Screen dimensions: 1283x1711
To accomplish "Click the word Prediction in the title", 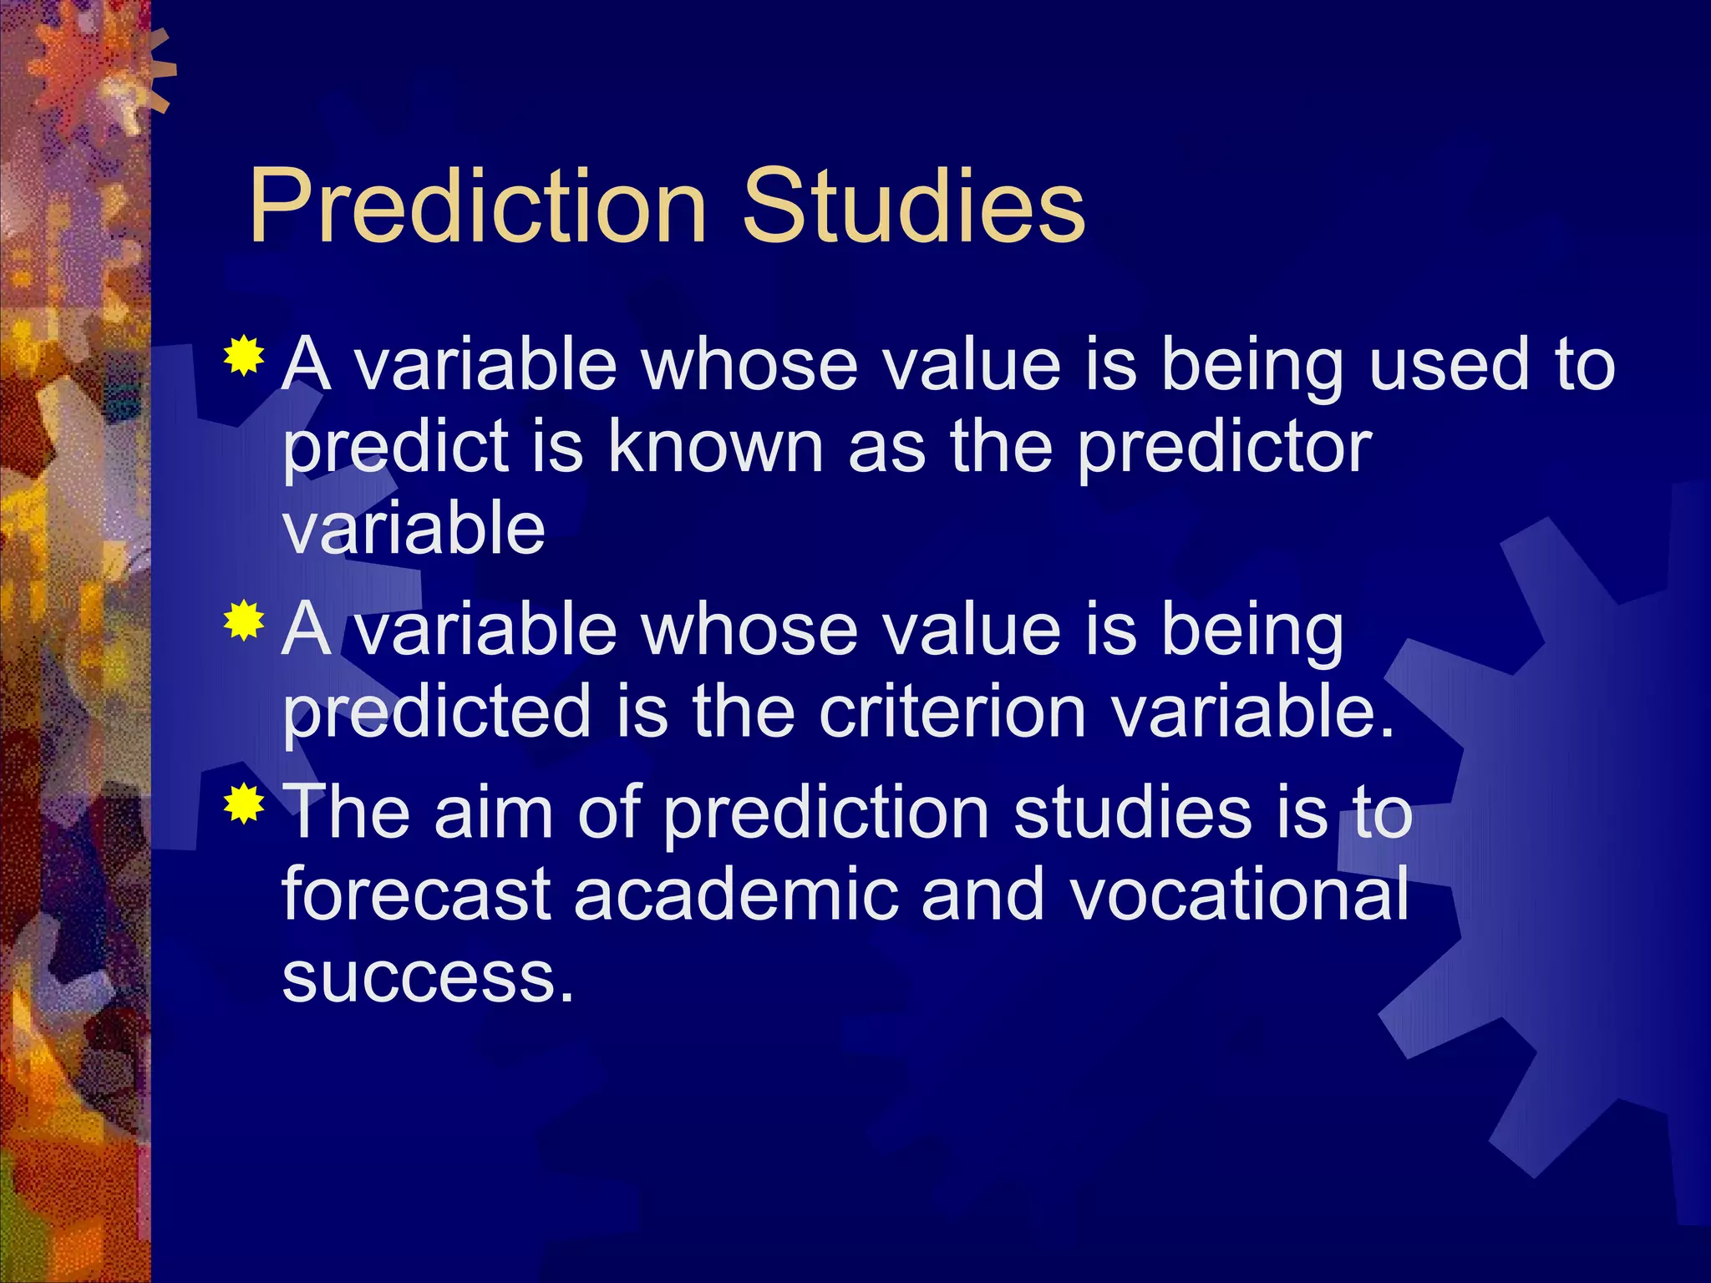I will click(x=477, y=206).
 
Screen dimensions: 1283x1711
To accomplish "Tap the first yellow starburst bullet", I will click(x=244, y=357).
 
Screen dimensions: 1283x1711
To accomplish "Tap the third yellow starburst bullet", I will click(x=244, y=804).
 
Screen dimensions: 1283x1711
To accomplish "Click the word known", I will click(x=715, y=446).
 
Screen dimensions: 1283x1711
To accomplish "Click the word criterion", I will click(x=952, y=712).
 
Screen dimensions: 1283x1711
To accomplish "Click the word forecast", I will click(x=416, y=895).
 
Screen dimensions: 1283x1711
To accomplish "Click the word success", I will click(x=428, y=978).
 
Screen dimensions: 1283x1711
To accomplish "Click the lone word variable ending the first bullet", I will click(x=414, y=529).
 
